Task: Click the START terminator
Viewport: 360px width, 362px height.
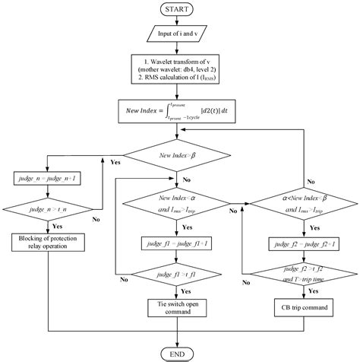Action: tap(178, 9)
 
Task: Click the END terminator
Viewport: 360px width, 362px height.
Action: tap(178, 353)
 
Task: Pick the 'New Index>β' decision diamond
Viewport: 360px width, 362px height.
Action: tap(178, 155)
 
